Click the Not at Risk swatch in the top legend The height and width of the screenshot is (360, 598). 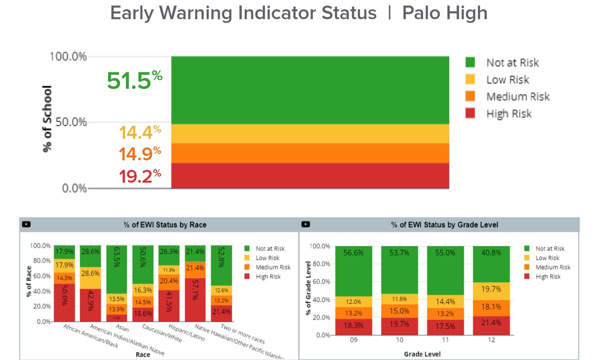point(472,62)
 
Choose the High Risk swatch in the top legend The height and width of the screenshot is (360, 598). point(472,114)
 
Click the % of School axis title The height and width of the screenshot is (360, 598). point(47,119)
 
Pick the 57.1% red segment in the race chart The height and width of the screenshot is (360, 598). point(196,300)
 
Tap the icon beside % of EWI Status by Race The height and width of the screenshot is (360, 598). point(26,225)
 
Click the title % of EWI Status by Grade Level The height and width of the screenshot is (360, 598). point(445,225)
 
